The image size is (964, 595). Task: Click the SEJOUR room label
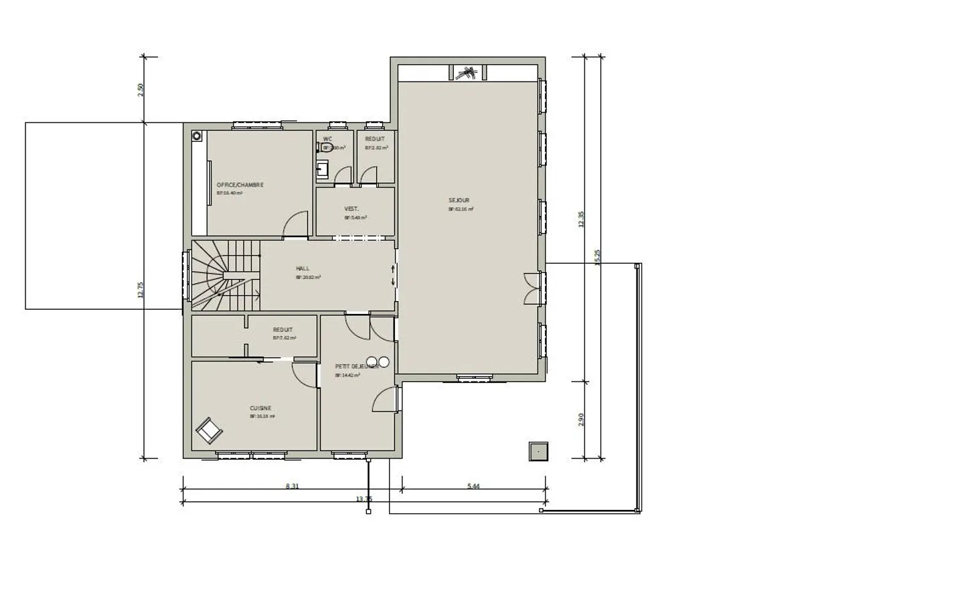click(459, 200)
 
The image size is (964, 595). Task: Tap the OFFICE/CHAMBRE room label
click(240, 185)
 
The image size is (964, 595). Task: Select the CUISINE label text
click(260, 408)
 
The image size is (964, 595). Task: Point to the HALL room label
click(303, 268)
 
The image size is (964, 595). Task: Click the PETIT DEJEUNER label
click(356, 366)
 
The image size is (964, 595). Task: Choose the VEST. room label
click(351, 209)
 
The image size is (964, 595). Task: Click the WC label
click(327, 139)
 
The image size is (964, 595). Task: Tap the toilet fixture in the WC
click(327, 148)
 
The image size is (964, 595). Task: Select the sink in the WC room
click(323, 168)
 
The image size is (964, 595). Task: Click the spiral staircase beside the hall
click(224, 275)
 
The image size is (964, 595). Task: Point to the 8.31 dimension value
click(292, 487)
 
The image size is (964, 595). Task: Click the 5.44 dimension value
click(473, 487)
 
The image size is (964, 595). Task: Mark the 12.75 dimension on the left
click(141, 290)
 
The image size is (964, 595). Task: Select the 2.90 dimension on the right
click(581, 420)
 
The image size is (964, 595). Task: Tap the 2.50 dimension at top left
click(141, 90)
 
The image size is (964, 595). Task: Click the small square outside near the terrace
click(538, 452)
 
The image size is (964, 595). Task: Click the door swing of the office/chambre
click(296, 226)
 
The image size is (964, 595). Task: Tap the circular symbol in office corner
click(197, 136)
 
